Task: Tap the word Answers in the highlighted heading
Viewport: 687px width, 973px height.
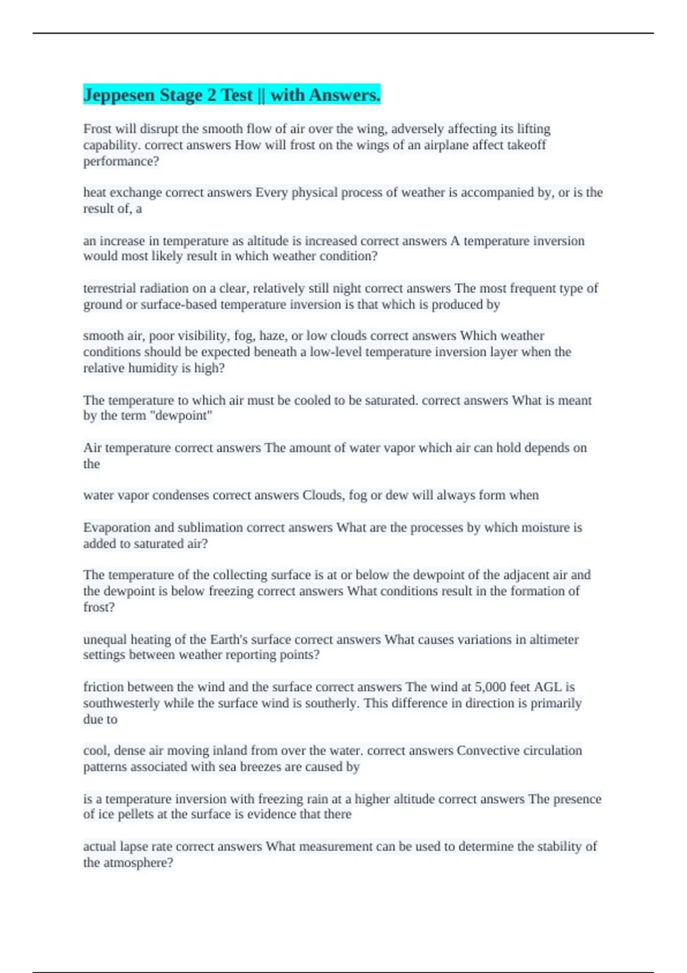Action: (x=344, y=95)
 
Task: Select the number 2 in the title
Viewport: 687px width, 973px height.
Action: (x=212, y=95)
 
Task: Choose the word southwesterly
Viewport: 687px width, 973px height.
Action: (x=121, y=703)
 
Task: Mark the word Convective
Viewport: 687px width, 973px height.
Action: (x=487, y=750)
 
